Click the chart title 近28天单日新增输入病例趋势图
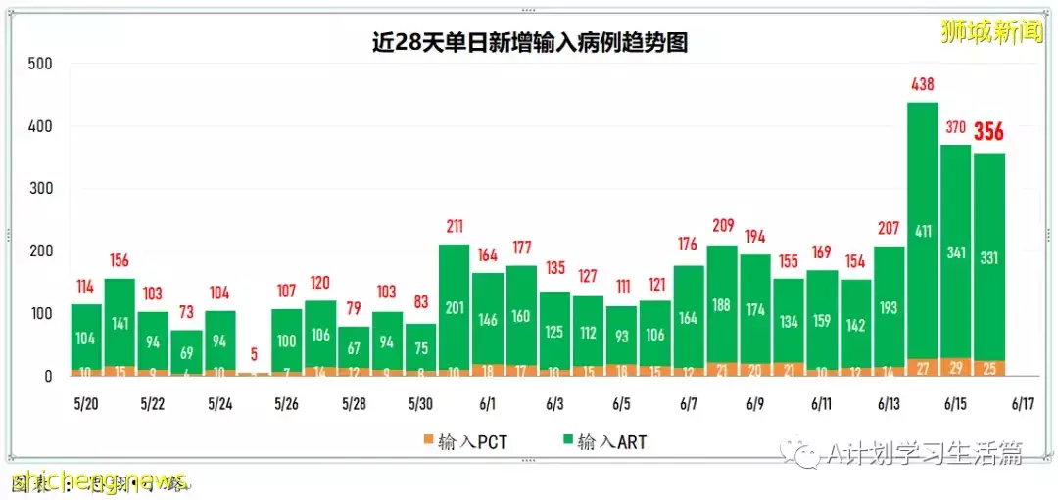pyautogui.click(x=529, y=42)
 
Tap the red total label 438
pyautogui.click(x=923, y=85)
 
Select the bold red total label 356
pyautogui.click(x=988, y=131)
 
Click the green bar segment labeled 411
pyautogui.click(x=923, y=231)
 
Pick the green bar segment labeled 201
pyautogui.click(x=454, y=307)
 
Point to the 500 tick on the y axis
pyautogui.click(x=41, y=65)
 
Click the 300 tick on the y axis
pyautogui.click(x=41, y=189)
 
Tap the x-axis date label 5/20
pyautogui.click(x=86, y=403)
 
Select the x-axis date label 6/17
pyautogui.click(x=1023, y=403)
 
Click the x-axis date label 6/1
pyautogui.click(x=487, y=403)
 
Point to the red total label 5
pyautogui.click(x=254, y=354)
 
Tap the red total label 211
pyautogui.click(x=454, y=228)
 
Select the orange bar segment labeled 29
pyautogui.click(x=956, y=367)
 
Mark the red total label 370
pyautogui.click(x=956, y=127)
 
